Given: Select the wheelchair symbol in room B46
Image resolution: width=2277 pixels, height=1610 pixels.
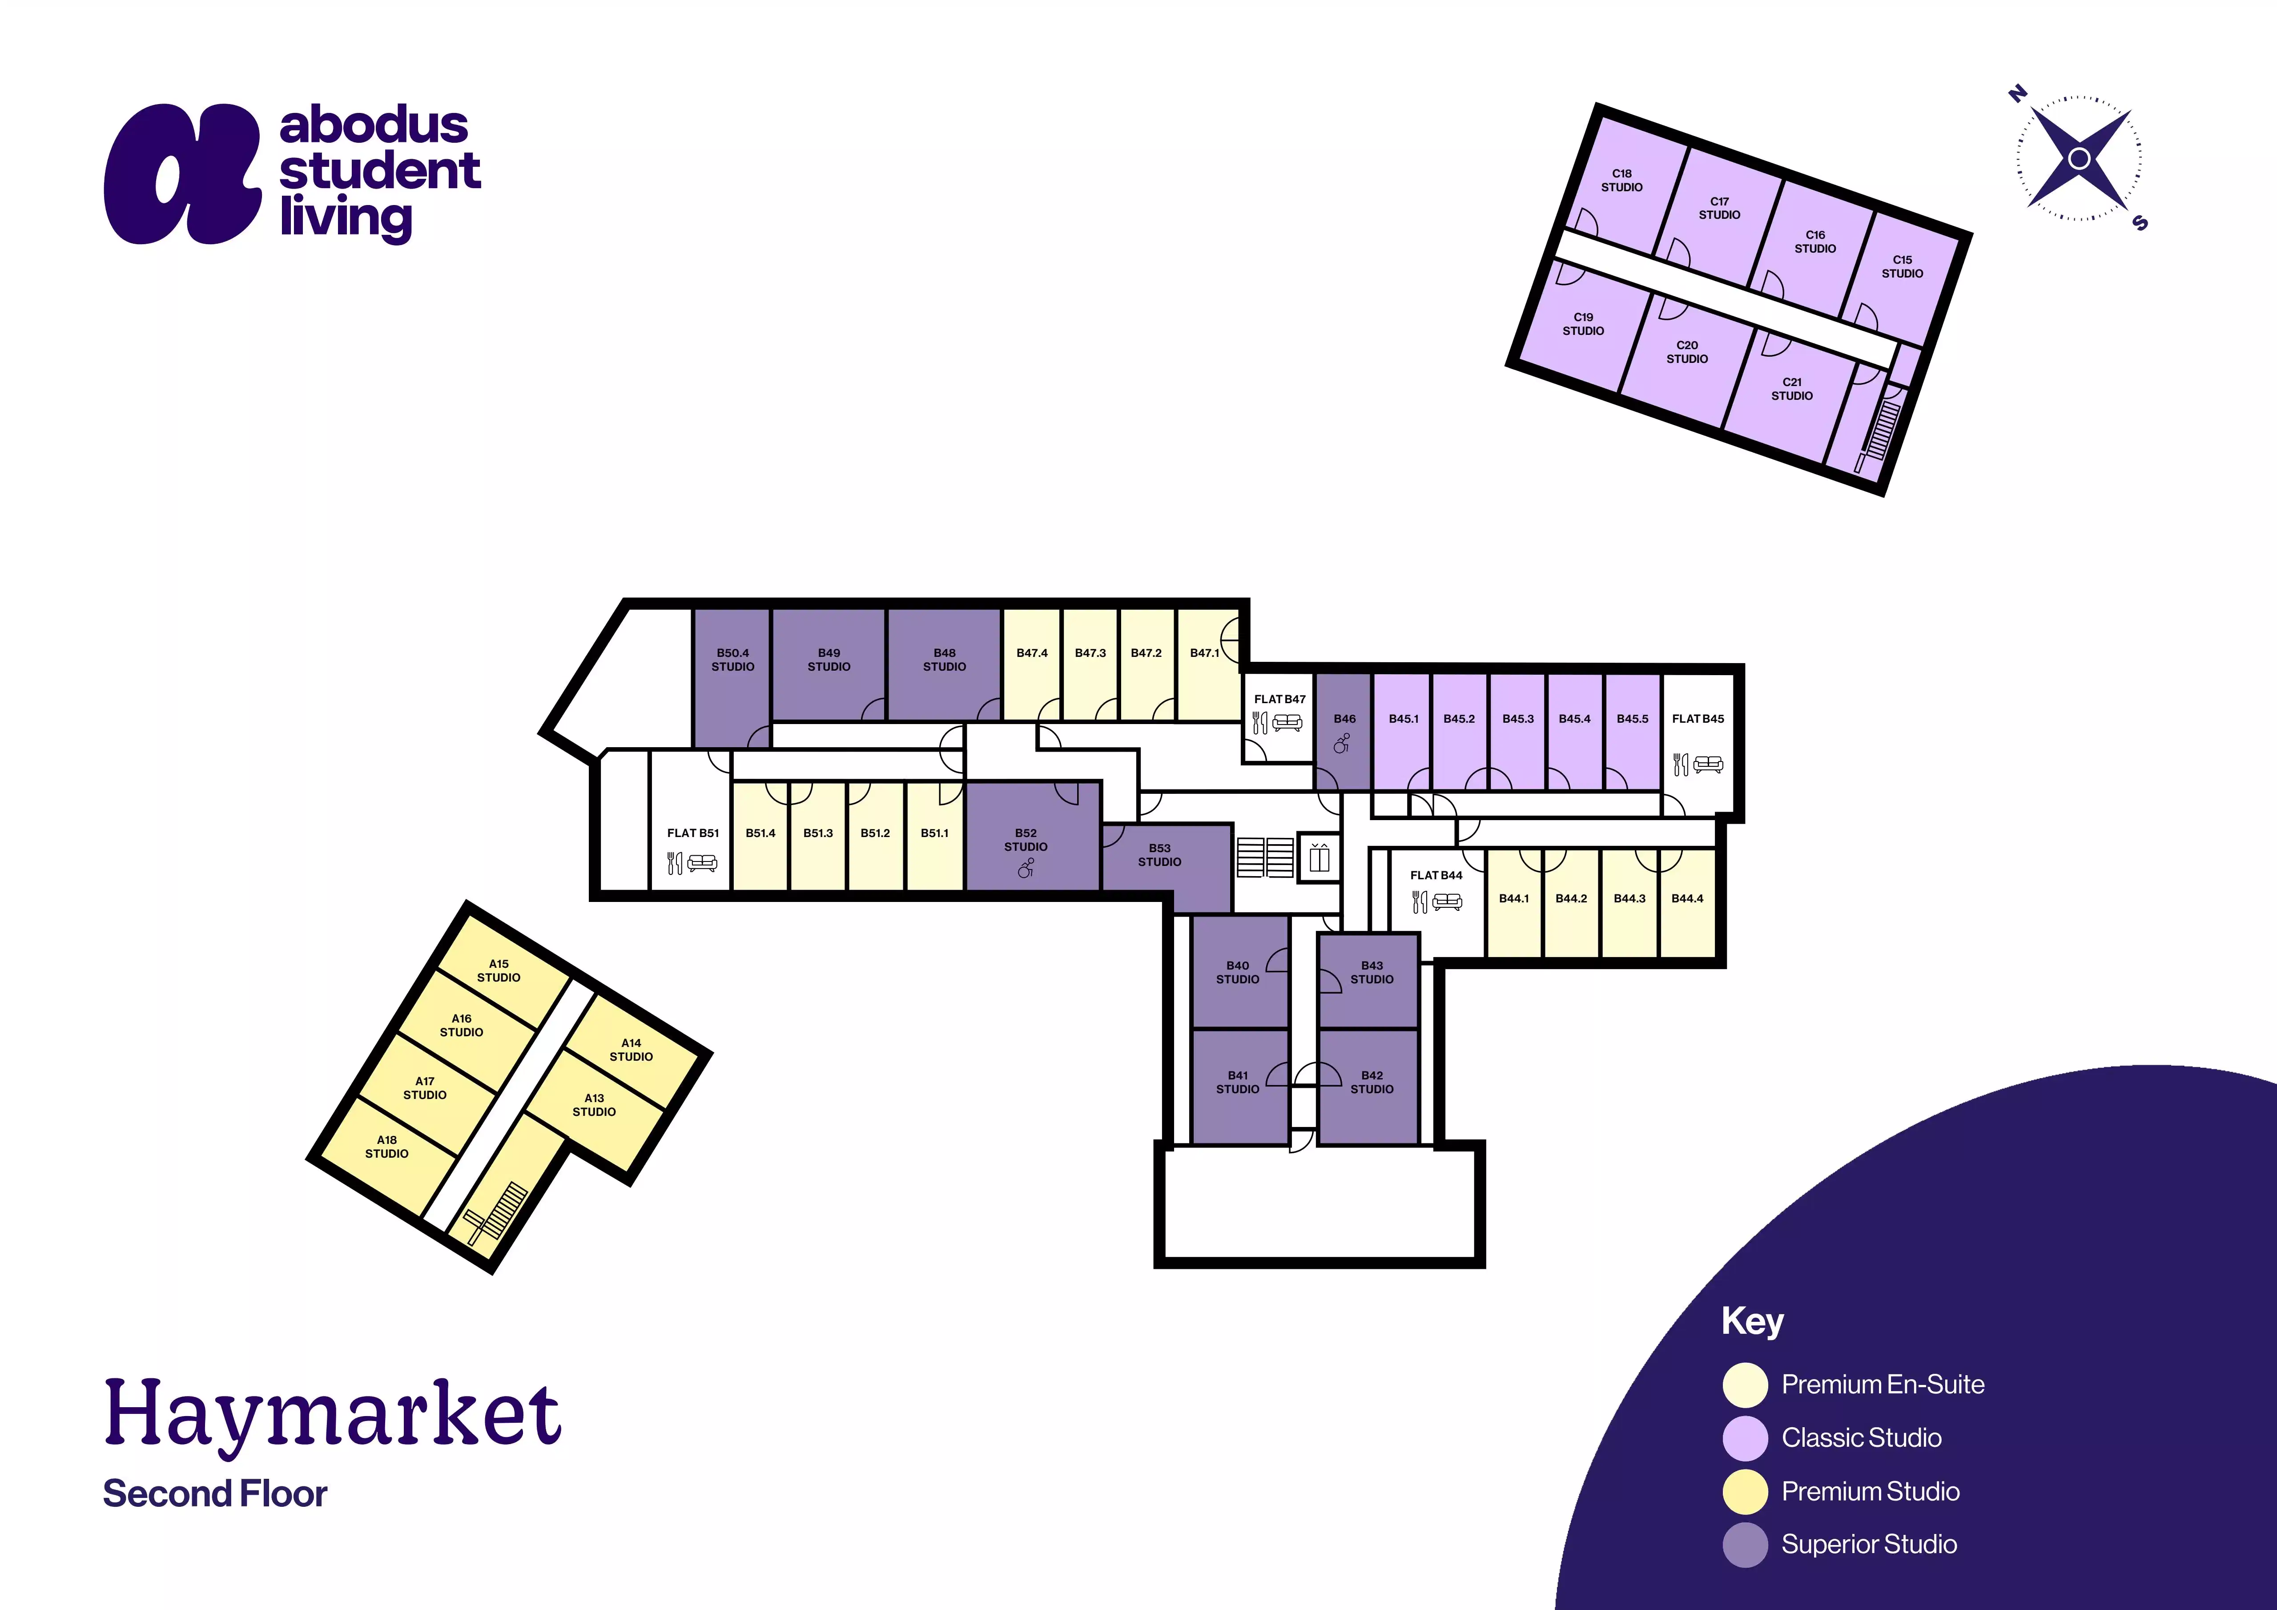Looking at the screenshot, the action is click(x=1342, y=743).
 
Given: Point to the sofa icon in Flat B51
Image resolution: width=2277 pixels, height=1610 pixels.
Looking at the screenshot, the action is click(x=702, y=863).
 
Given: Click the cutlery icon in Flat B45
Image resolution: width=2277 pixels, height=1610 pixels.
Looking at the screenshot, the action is click(x=1680, y=764).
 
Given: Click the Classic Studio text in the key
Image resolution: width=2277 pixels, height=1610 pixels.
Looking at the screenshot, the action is click(x=1862, y=1437).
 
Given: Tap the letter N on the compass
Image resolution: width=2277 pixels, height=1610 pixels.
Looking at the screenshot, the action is click(x=2016, y=94).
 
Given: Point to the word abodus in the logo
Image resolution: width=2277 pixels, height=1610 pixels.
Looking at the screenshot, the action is click(x=374, y=125).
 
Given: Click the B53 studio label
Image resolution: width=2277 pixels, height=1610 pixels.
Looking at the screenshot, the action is click(x=1159, y=855).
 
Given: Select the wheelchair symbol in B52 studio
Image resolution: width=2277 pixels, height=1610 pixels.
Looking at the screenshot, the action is click(x=1026, y=869).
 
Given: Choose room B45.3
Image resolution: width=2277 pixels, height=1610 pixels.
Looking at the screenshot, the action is click(x=1517, y=732).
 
